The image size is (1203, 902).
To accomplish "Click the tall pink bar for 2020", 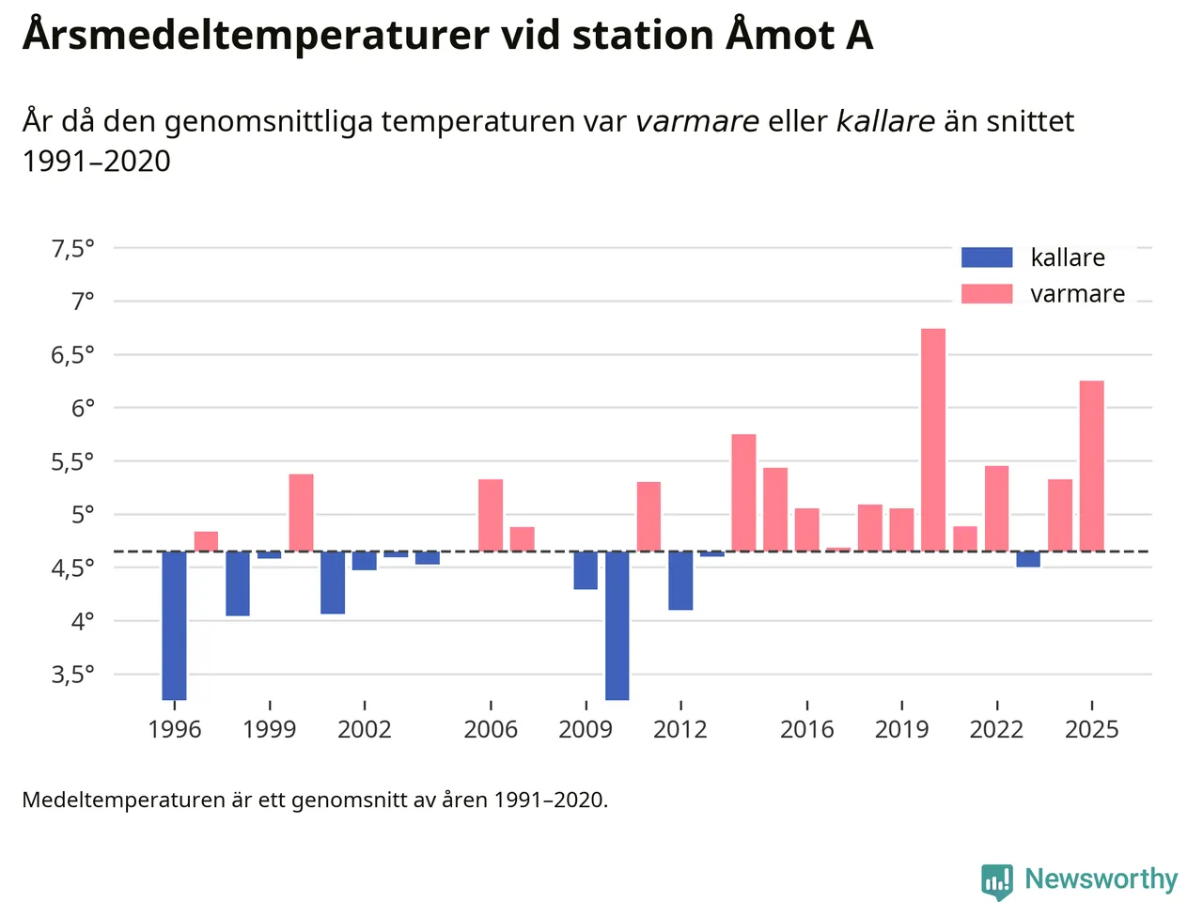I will (933, 440).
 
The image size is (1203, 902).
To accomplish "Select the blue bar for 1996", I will (174, 625).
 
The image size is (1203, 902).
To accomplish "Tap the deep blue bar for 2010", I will (617, 625).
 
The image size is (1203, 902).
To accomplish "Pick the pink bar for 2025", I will (1092, 466).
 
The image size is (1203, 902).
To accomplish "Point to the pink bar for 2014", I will (743, 492).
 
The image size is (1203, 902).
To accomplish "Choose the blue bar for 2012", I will (680, 580).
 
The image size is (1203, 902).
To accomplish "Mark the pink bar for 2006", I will (491, 515).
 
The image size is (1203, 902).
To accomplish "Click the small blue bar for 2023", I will (1028, 559).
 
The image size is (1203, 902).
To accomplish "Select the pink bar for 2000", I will (301, 512).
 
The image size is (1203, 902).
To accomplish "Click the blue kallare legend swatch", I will (987, 257).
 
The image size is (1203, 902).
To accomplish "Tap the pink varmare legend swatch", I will (987, 294).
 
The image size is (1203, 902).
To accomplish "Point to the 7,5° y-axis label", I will (72, 249).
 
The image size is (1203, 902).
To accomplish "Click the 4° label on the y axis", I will (83, 621).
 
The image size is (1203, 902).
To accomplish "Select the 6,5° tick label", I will (72, 355).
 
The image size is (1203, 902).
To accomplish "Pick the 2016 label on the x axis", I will (807, 730).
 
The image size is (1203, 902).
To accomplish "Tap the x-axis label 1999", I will (269, 730).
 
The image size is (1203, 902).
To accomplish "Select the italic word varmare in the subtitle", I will (697, 122).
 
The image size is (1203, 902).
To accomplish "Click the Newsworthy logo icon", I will (997, 881).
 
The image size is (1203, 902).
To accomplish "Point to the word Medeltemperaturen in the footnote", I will (123, 801).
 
